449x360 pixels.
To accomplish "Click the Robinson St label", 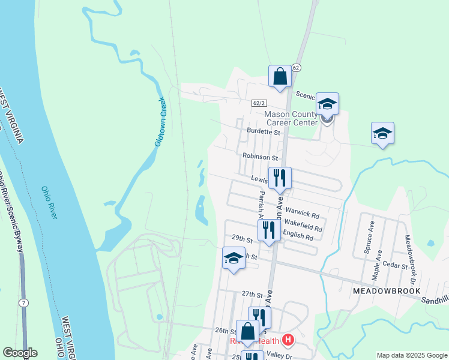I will tap(260, 157).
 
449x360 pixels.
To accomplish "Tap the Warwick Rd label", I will tap(302, 212).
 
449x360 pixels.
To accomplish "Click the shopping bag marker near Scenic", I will tap(280, 77).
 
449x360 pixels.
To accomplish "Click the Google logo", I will tap(20, 353).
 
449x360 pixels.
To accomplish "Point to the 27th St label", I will tap(252, 295).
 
